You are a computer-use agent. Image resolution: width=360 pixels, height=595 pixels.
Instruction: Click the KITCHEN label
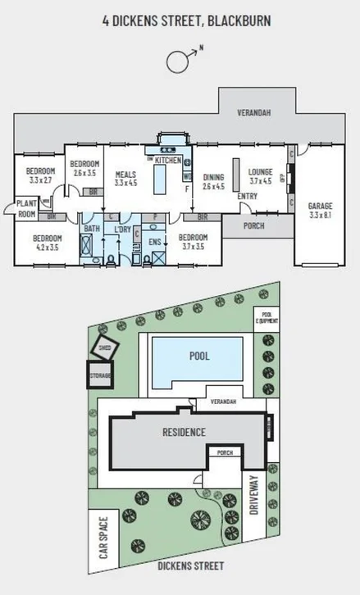pos(168,161)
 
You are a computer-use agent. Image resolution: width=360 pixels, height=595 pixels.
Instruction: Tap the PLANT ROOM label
pos(27,210)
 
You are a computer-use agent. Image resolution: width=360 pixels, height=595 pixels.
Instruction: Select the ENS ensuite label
pos(155,242)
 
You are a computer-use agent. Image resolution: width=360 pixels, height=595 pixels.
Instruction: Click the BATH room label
pos(92,229)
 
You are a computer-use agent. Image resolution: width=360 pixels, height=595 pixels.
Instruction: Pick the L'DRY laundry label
pos(123,229)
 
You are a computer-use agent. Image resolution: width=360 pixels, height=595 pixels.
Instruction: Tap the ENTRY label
pos(247,197)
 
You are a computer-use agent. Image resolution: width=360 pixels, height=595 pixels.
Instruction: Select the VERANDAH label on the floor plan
pos(254,112)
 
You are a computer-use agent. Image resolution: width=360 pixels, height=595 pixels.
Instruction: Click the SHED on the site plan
pos(106,346)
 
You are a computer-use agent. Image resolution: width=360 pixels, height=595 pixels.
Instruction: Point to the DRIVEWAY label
pos(254,497)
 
